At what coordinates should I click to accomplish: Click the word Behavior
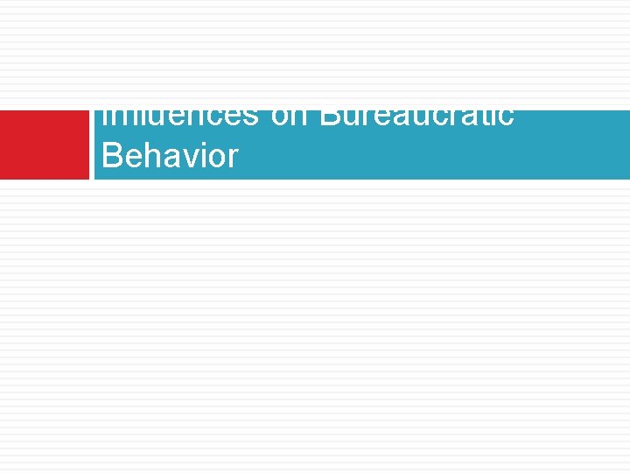170,156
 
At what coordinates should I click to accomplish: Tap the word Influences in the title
179,117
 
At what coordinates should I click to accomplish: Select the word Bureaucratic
416,117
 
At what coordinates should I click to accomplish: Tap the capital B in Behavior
111,156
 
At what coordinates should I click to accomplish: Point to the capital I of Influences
105,116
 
